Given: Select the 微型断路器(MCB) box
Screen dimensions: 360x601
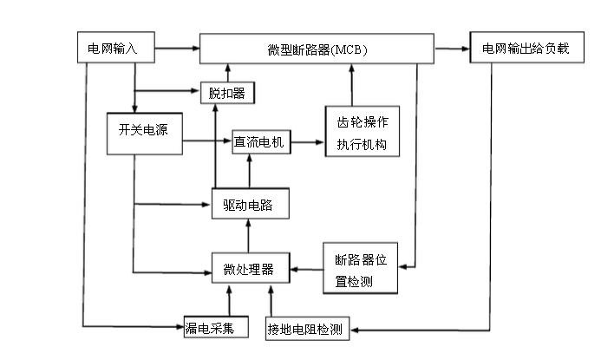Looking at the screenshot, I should [317, 49].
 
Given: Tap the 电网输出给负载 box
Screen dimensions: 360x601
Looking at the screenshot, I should [526, 49].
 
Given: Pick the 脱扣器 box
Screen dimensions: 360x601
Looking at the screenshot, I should [228, 93].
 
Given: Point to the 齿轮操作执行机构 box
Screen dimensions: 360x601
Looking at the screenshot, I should [363, 131].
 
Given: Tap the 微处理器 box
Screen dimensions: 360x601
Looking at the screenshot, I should [250, 270].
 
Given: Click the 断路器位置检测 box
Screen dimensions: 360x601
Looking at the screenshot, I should [359, 268].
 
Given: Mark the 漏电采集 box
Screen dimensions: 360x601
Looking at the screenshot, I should [216, 328].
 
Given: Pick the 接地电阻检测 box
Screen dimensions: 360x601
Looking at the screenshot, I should [305, 329].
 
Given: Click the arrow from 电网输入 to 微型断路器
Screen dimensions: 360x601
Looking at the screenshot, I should [177, 49].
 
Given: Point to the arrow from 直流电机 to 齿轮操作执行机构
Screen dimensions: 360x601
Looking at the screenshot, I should [309, 141].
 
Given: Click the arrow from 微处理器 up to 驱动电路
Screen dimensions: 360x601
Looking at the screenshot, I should [250, 236].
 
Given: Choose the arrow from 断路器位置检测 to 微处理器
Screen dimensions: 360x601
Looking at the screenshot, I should [306, 270].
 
